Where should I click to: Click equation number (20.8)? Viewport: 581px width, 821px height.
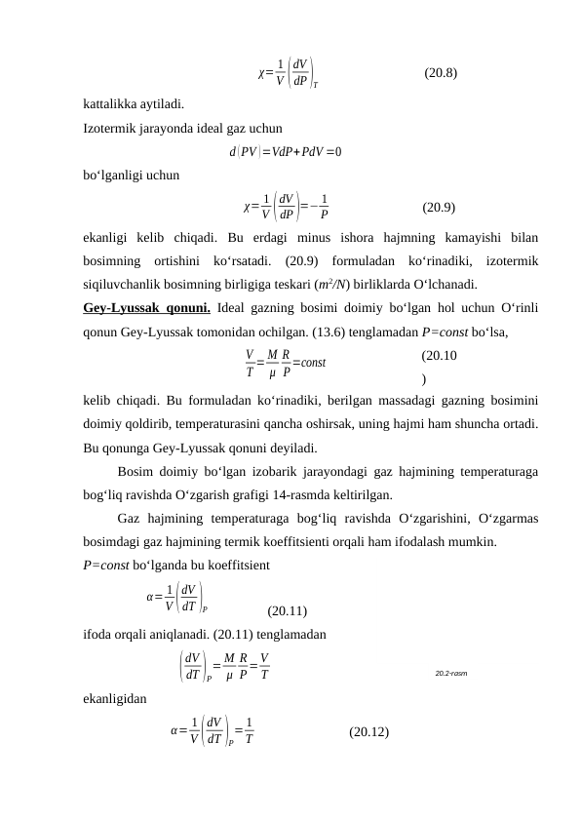point(443,72)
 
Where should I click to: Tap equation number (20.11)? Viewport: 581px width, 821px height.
point(288,611)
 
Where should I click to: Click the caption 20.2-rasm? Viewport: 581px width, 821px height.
point(449,673)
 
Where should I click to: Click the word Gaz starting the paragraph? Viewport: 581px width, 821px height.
point(128,519)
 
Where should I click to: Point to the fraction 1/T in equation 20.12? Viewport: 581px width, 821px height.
point(250,729)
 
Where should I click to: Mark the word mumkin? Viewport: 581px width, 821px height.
point(475,542)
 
